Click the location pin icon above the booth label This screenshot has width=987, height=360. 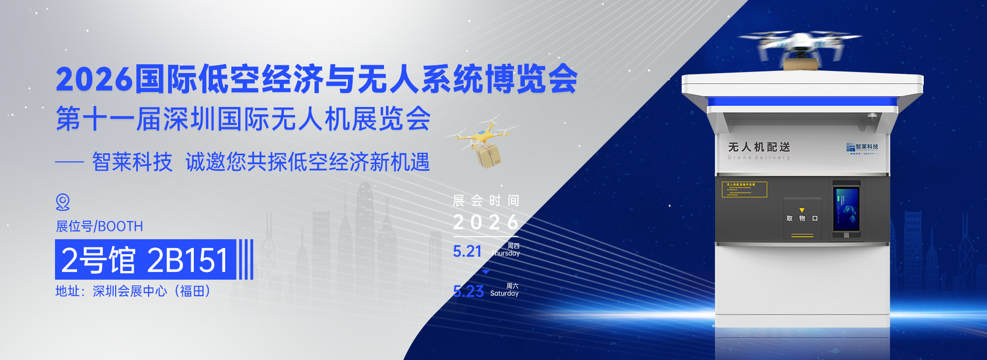(x=63, y=202)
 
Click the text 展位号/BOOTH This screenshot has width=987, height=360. (x=99, y=226)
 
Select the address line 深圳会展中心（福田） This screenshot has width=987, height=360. (x=133, y=291)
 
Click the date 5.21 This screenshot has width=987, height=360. (x=467, y=251)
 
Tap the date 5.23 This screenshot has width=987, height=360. (x=468, y=292)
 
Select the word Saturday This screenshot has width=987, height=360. (x=504, y=294)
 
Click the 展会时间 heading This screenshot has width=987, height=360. (x=486, y=201)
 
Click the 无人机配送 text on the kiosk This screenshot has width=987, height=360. (x=759, y=148)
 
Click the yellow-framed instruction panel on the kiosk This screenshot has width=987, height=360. (x=744, y=189)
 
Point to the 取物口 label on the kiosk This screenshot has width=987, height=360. (x=802, y=219)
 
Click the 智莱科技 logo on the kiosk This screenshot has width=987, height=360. (x=863, y=148)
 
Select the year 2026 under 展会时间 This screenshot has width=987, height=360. (x=486, y=223)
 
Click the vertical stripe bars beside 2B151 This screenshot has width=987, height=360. (x=246, y=260)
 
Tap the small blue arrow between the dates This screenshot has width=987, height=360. (x=486, y=272)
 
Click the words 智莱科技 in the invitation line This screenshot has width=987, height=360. (x=132, y=163)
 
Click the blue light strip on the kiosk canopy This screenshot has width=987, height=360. (x=803, y=102)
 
